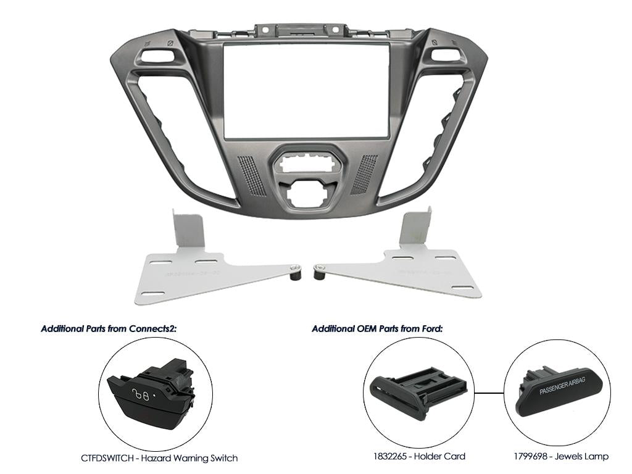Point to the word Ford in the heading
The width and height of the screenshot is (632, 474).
point(430,328)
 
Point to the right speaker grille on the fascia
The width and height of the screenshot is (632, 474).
point(365,175)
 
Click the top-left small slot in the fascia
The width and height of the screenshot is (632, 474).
point(152,55)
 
